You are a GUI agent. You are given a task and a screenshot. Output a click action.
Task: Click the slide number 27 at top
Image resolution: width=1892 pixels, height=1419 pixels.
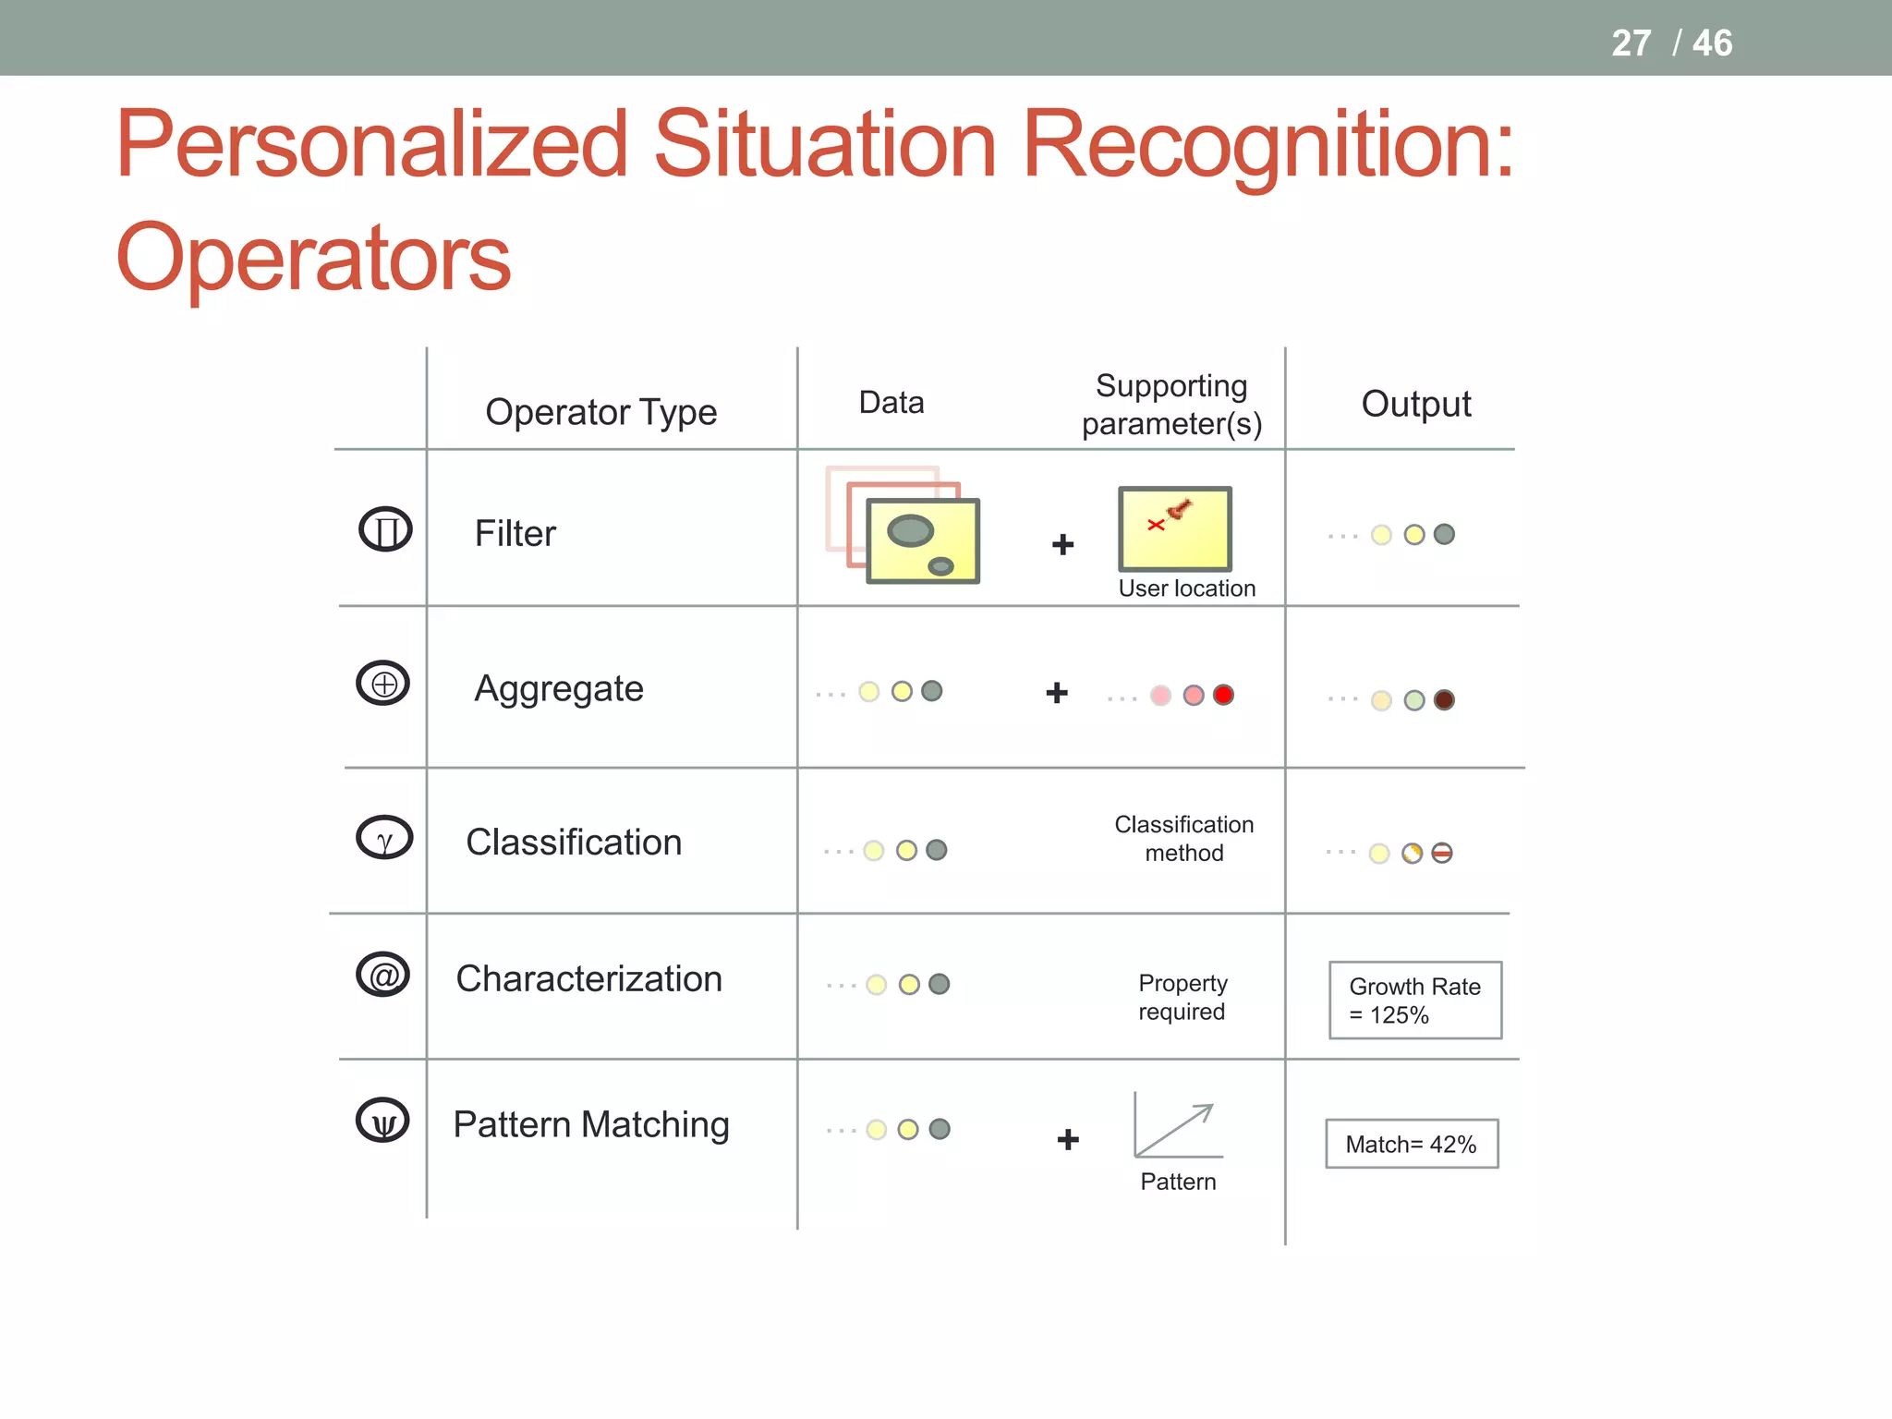(x=1631, y=43)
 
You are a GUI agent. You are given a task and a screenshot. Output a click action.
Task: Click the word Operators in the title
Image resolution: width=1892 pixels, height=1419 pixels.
(x=313, y=258)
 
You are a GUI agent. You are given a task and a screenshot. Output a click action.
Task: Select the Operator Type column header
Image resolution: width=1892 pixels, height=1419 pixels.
(x=600, y=412)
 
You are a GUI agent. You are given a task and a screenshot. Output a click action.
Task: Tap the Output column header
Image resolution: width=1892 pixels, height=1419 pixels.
(x=1415, y=405)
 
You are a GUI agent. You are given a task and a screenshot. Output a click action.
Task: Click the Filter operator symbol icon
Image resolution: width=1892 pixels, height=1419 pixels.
(x=385, y=529)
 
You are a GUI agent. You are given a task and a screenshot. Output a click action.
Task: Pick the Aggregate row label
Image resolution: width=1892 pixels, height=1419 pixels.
(x=558, y=689)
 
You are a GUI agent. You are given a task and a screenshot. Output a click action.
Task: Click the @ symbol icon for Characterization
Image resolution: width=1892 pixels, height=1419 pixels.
(x=383, y=975)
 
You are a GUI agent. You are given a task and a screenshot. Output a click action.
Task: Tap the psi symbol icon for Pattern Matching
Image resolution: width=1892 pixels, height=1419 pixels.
(x=383, y=1121)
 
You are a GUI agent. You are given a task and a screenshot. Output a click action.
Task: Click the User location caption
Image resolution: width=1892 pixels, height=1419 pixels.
(x=1186, y=588)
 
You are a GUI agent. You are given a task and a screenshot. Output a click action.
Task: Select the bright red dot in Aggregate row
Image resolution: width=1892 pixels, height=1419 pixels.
(x=1223, y=695)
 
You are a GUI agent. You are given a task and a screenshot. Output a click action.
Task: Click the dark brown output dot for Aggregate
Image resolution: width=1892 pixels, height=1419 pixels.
(x=1444, y=700)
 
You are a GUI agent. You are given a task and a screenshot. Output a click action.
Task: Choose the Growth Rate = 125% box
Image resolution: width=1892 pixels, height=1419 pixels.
(x=1414, y=1001)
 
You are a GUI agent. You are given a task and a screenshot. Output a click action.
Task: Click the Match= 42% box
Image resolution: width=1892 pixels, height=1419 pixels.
(x=1411, y=1145)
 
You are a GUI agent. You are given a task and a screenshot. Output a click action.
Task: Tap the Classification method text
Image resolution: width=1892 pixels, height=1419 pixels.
(x=1183, y=839)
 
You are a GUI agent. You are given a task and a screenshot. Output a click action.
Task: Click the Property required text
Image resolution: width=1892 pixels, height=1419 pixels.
(x=1182, y=998)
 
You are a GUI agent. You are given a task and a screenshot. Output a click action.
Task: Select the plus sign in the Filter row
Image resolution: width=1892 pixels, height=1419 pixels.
(x=1062, y=545)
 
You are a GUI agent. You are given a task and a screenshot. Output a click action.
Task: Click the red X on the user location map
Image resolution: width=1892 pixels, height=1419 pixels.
(x=1155, y=525)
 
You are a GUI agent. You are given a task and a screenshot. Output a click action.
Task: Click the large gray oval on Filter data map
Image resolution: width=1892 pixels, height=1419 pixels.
(x=910, y=531)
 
